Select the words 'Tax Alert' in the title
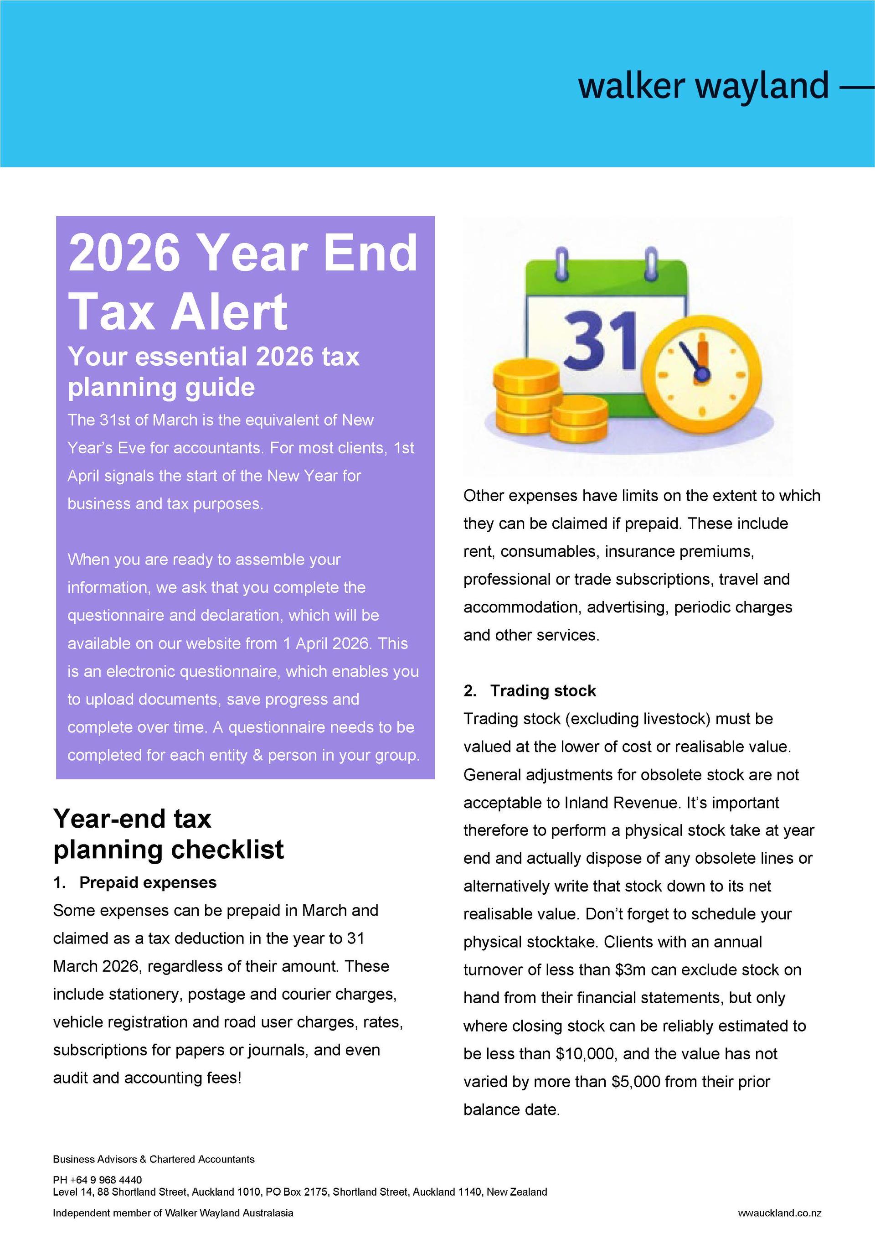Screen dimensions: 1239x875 pos(178,312)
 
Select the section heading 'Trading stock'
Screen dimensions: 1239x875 pos(543,691)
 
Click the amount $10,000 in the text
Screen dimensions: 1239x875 pos(585,1053)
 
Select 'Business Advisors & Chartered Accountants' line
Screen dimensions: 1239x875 pos(154,1159)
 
